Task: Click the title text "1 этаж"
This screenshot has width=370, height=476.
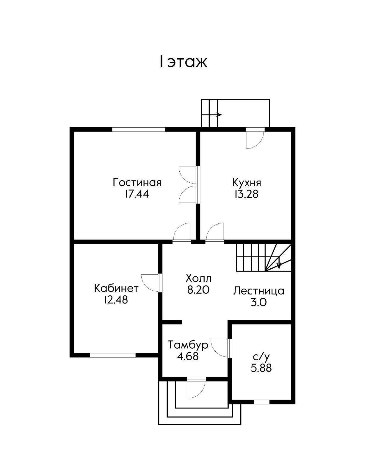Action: click(183, 62)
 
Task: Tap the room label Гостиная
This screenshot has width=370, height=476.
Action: click(137, 182)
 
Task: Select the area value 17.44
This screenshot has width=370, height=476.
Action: click(137, 194)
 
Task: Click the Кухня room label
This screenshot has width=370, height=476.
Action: click(247, 183)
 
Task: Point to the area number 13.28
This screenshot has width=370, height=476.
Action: click(247, 194)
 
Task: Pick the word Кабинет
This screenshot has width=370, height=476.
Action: click(116, 288)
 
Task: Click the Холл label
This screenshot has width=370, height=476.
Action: click(199, 278)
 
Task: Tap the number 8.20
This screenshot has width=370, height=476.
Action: click(199, 290)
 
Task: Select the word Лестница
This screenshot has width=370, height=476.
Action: click(258, 291)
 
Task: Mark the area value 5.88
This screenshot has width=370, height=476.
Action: click(261, 368)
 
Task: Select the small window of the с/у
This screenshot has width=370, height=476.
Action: click(262, 402)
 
